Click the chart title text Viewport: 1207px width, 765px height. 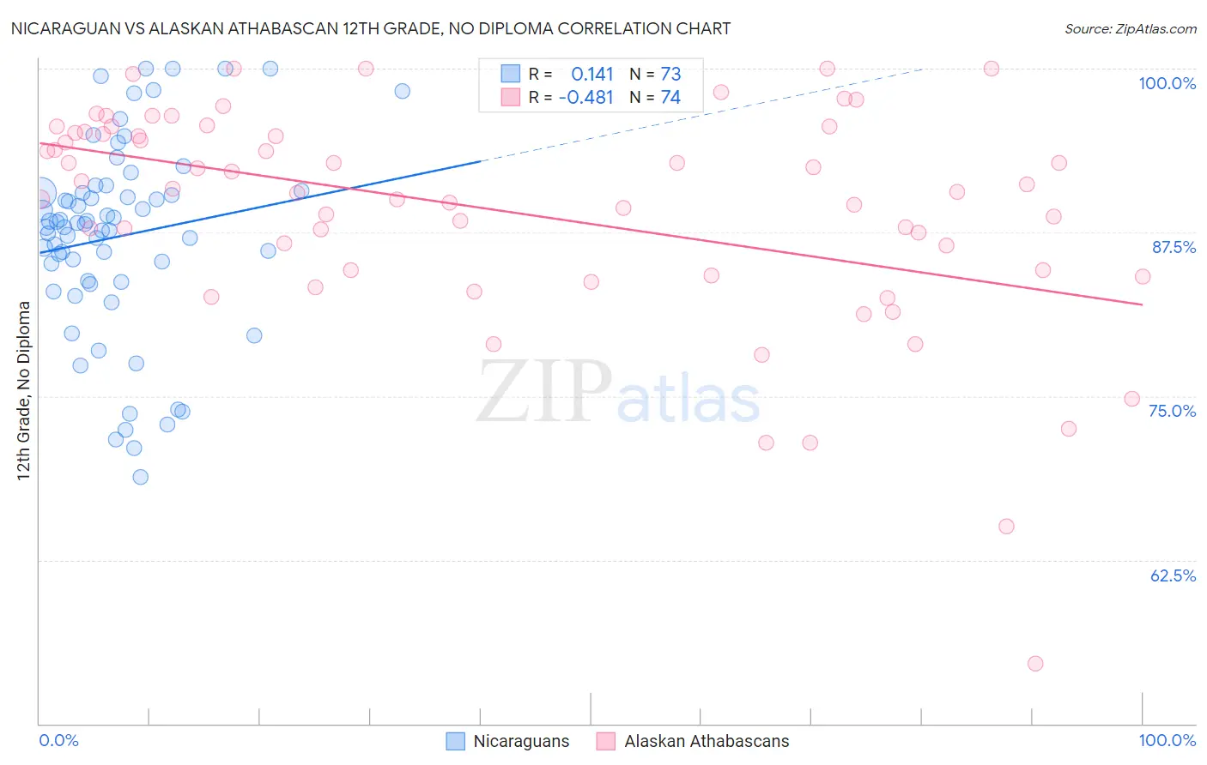click(x=370, y=28)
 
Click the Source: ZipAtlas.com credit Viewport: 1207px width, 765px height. click(x=1130, y=28)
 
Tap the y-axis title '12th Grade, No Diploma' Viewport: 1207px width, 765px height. click(x=24, y=391)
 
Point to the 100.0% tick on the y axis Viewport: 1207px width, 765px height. click(x=1167, y=83)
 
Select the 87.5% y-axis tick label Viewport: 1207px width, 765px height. click(x=1174, y=247)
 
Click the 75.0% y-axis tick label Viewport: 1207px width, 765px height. click(x=1172, y=411)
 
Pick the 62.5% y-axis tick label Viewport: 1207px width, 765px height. click(x=1173, y=575)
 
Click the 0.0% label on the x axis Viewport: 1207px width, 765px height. click(x=59, y=740)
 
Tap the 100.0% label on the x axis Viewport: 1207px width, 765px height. click(x=1167, y=740)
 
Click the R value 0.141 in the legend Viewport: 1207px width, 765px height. click(x=592, y=74)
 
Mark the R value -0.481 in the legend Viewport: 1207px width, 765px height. click(x=585, y=98)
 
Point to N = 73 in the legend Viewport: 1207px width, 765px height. click(x=655, y=74)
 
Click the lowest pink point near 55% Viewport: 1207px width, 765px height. click(x=1035, y=664)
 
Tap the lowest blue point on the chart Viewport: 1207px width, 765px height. click(x=141, y=477)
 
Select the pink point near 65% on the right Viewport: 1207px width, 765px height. click(x=1006, y=527)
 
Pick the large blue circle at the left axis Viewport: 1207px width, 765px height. click(x=41, y=194)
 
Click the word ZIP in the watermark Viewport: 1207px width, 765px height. click(x=544, y=392)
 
